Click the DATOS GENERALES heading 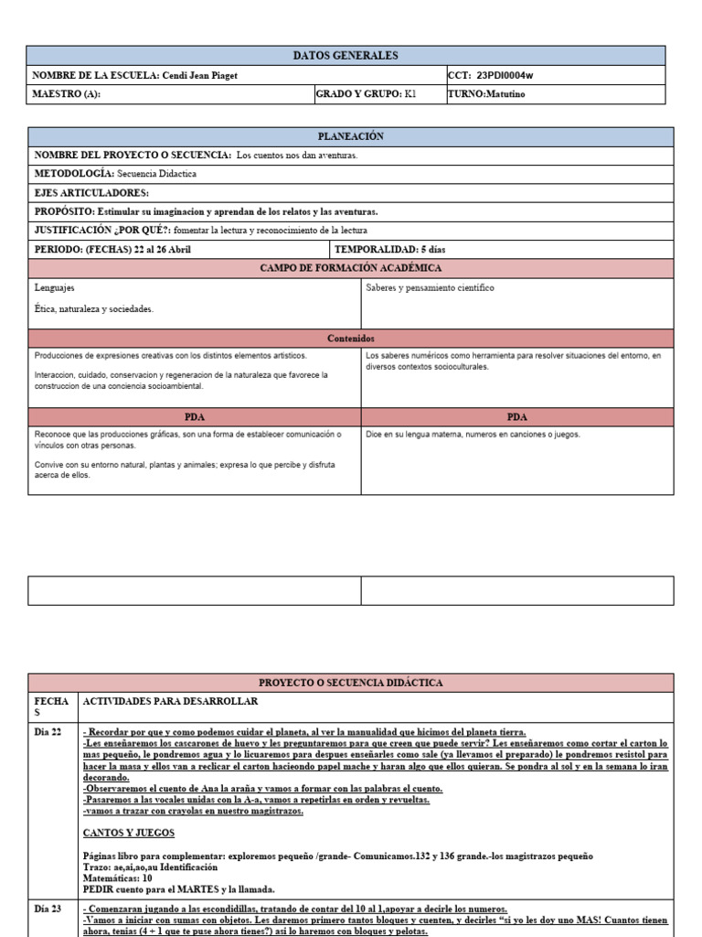(351, 56)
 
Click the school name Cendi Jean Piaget (199, 76)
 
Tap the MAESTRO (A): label (67, 94)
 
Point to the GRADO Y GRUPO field (366, 94)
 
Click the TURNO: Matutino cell (486, 94)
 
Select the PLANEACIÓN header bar (351, 136)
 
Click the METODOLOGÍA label (74, 173)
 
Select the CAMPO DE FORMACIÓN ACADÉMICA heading (351, 268)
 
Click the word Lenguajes (55, 288)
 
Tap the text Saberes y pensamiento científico (430, 288)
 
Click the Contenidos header (351, 339)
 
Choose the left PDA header (195, 416)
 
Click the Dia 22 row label (48, 732)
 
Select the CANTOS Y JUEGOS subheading (129, 833)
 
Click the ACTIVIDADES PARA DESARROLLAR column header (171, 702)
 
